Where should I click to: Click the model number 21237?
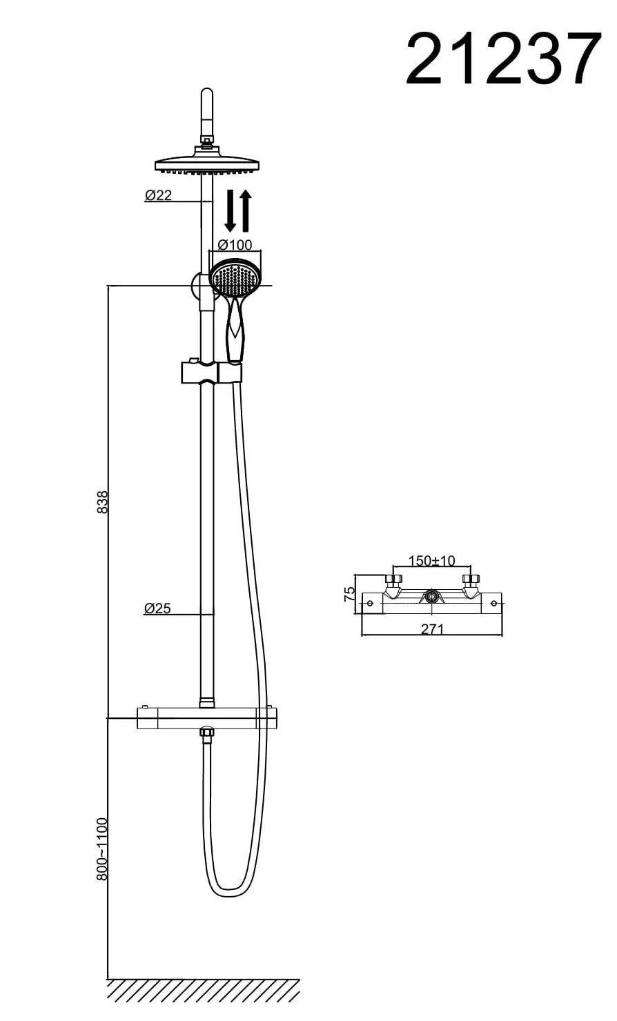[x=503, y=58]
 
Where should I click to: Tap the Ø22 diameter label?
[x=158, y=195]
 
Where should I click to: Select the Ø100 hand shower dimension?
[x=235, y=245]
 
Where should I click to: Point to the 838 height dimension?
[x=103, y=502]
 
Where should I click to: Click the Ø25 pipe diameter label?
[x=157, y=608]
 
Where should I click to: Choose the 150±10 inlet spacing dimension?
[x=431, y=560]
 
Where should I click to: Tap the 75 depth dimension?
[x=349, y=593]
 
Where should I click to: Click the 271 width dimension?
[x=432, y=629]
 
